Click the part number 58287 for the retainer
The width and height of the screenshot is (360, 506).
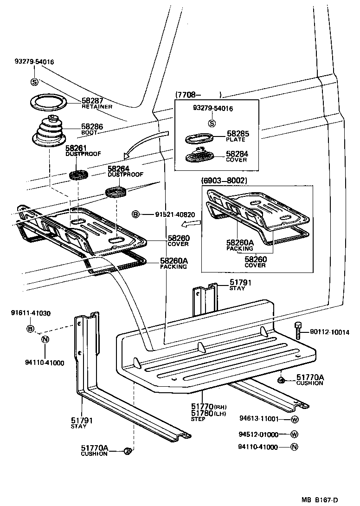click(92, 100)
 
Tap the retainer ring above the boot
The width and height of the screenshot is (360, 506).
click(50, 103)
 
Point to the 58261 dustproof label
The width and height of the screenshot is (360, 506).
click(76, 148)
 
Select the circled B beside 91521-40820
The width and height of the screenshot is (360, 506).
click(135, 214)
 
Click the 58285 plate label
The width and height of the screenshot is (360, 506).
click(238, 134)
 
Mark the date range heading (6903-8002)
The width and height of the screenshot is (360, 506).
click(224, 180)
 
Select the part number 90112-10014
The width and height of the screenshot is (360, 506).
click(330, 332)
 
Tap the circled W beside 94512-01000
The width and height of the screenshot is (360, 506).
click(294, 435)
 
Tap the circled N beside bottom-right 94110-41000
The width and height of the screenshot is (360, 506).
click(294, 447)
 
